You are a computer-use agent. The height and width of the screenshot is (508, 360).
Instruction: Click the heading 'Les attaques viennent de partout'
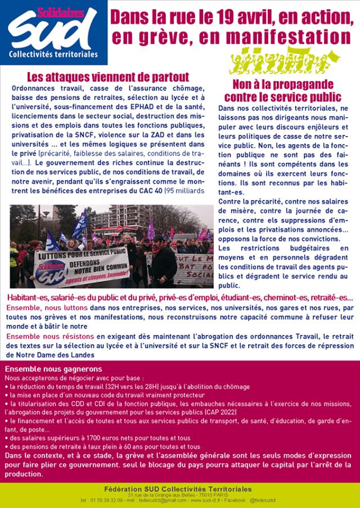[109, 77]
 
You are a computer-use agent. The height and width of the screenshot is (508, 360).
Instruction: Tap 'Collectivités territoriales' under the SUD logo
[53, 55]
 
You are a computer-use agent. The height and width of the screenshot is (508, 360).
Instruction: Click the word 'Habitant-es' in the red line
[29, 297]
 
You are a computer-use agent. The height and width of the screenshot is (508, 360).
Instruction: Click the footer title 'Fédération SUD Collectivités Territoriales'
[179, 489]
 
